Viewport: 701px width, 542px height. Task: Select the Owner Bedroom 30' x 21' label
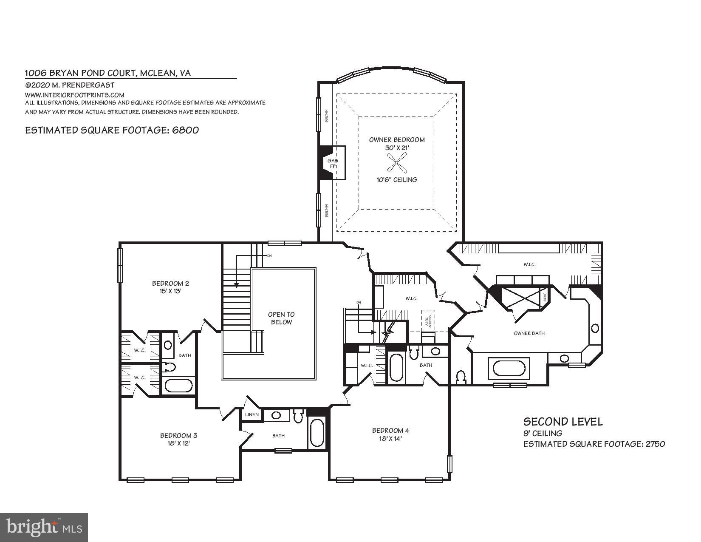click(396, 144)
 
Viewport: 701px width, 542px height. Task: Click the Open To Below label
click(281, 318)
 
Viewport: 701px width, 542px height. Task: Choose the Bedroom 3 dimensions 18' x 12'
click(178, 443)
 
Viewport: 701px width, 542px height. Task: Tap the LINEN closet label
click(252, 414)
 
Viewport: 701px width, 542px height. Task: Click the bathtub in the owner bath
click(509, 368)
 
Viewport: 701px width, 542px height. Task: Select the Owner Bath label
click(529, 333)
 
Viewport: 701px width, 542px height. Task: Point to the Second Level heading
click(562, 422)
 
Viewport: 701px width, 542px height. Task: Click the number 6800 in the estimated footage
click(185, 130)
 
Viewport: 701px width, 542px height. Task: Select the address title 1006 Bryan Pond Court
click(108, 73)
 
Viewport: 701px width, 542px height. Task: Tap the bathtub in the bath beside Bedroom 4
click(397, 367)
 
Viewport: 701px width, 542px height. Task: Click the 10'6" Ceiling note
click(396, 180)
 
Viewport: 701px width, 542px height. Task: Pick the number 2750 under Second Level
click(654, 444)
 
